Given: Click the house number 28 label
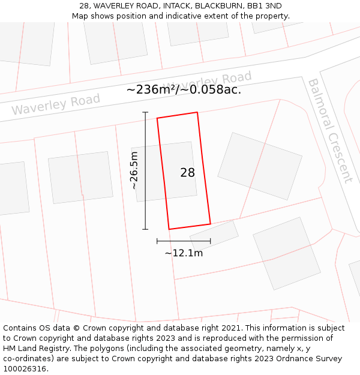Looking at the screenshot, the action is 187,173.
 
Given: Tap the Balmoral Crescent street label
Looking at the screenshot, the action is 329,130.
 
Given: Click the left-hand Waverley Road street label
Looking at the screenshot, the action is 56,105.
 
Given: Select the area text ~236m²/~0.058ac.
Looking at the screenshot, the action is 184,90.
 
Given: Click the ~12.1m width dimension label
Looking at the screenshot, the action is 184,253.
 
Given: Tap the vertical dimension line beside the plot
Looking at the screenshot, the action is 145,170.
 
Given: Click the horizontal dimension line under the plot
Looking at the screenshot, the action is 184,241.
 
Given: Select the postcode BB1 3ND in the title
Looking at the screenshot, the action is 265,5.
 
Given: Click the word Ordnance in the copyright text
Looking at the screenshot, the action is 270,359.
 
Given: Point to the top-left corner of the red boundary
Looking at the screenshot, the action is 157,118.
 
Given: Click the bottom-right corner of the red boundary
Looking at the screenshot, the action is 210,224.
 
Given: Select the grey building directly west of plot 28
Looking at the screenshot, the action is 80,177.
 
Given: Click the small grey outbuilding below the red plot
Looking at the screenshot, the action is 214,235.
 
